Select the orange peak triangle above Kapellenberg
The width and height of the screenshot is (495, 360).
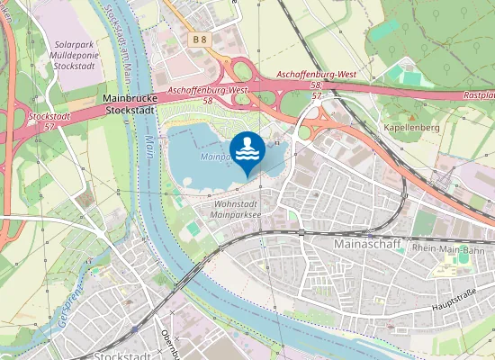pos(409,115)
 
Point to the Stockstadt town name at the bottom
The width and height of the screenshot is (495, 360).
pos(121,355)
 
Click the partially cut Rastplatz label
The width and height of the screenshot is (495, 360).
pos(478,94)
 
